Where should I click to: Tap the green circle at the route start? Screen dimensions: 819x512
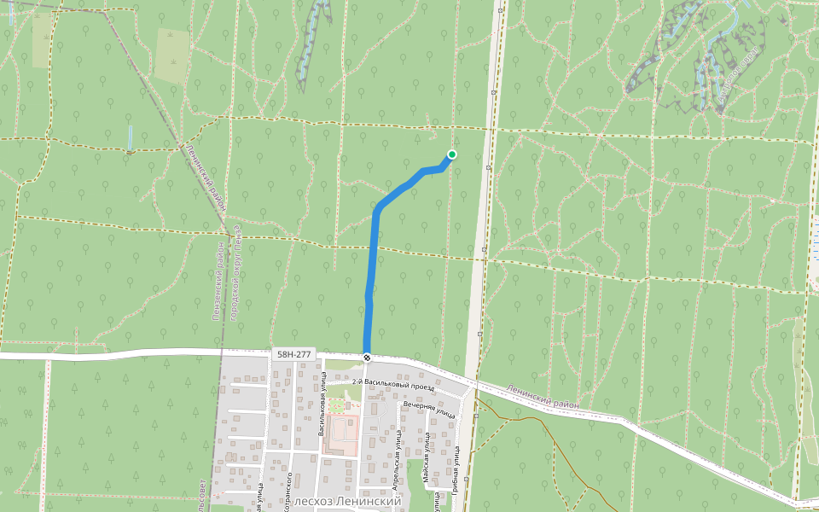[451, 154]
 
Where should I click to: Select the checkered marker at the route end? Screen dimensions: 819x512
[367, 358]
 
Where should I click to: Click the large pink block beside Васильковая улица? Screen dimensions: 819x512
[341, 435]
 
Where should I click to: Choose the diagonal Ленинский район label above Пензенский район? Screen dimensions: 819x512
[206, 176]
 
